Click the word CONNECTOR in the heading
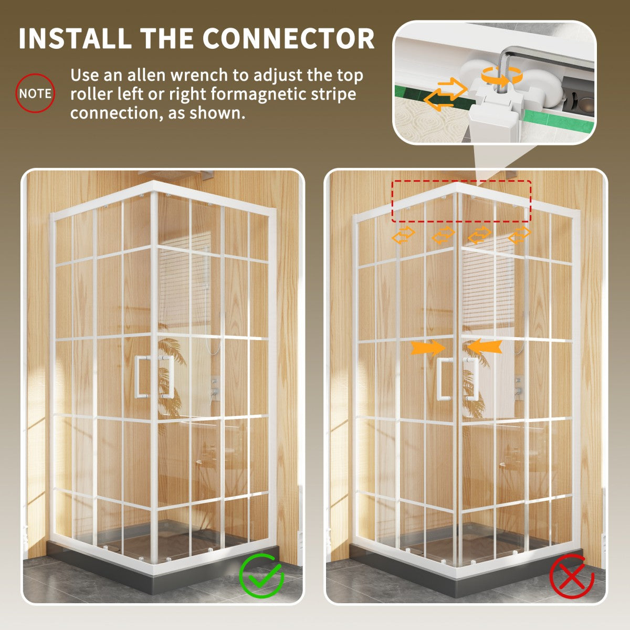(288, 38)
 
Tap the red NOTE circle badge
(35, 93)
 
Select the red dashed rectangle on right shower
(461, 201)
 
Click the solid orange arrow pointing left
(484, 346)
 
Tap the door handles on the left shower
(154, 376)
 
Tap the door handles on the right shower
(457, 379)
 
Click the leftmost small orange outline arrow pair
(403, 235)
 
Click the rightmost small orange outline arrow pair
(519, 235)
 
